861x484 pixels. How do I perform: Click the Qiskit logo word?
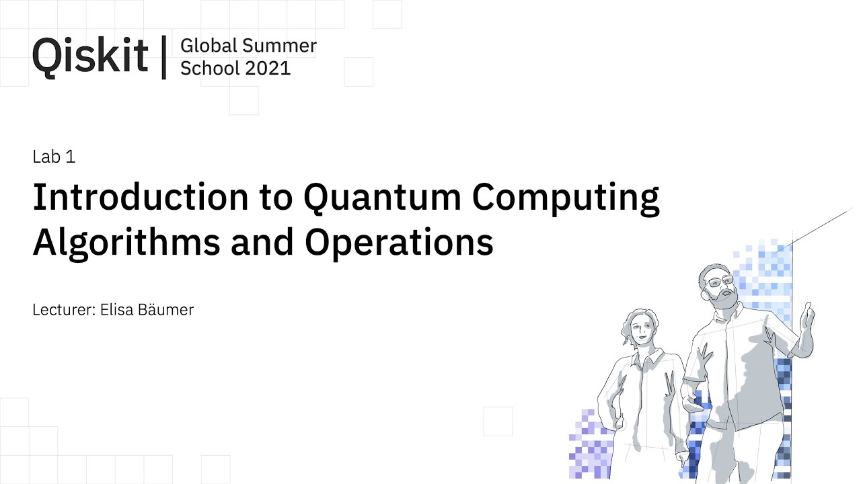click(x=89, y=55)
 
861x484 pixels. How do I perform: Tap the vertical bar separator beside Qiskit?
click(x=164, y=56)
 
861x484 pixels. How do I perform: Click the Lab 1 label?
click(x=54, y=157)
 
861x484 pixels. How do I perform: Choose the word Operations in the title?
click(x=399, y=243)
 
